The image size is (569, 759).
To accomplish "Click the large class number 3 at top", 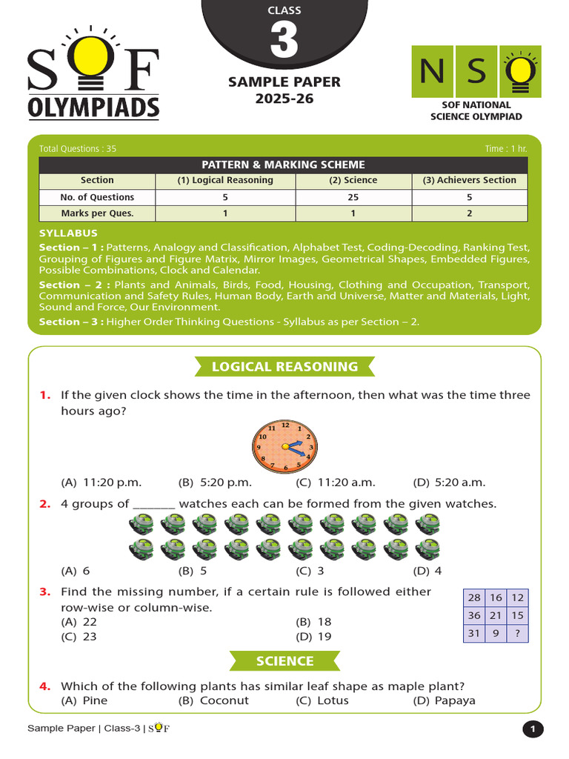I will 284,42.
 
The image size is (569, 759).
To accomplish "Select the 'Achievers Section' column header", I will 469,180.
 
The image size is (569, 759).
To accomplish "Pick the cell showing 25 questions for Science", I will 353,197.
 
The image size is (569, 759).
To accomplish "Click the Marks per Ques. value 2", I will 469,213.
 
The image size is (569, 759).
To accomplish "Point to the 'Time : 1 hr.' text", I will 506,149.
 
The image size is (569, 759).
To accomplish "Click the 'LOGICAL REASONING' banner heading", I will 284,366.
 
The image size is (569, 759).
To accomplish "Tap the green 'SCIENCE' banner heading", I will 284,660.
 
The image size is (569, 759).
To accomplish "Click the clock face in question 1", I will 284,446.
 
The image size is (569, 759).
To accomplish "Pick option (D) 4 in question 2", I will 427,571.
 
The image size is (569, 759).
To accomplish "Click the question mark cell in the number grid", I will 517,633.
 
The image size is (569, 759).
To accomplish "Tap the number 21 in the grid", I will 496,615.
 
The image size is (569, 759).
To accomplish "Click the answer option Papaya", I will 445,700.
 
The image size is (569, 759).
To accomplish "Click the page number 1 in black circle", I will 533,730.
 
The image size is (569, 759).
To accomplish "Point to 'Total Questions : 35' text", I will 78,149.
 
